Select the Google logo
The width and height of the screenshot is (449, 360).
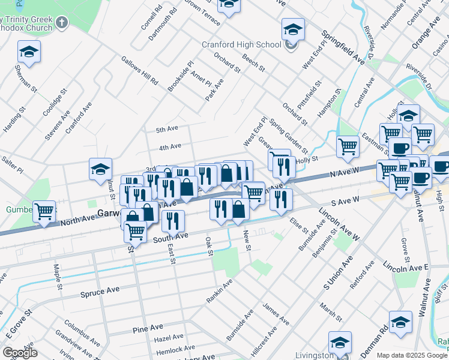point(20,353)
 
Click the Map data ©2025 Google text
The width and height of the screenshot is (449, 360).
point(411,355)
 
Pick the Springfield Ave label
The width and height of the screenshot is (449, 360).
point(343,47)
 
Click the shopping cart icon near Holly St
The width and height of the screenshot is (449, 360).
point(348,146)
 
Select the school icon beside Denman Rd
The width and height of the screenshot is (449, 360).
point(400,322)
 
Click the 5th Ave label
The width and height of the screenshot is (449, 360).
point(167,130)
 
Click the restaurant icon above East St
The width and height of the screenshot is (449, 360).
point(173,221)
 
